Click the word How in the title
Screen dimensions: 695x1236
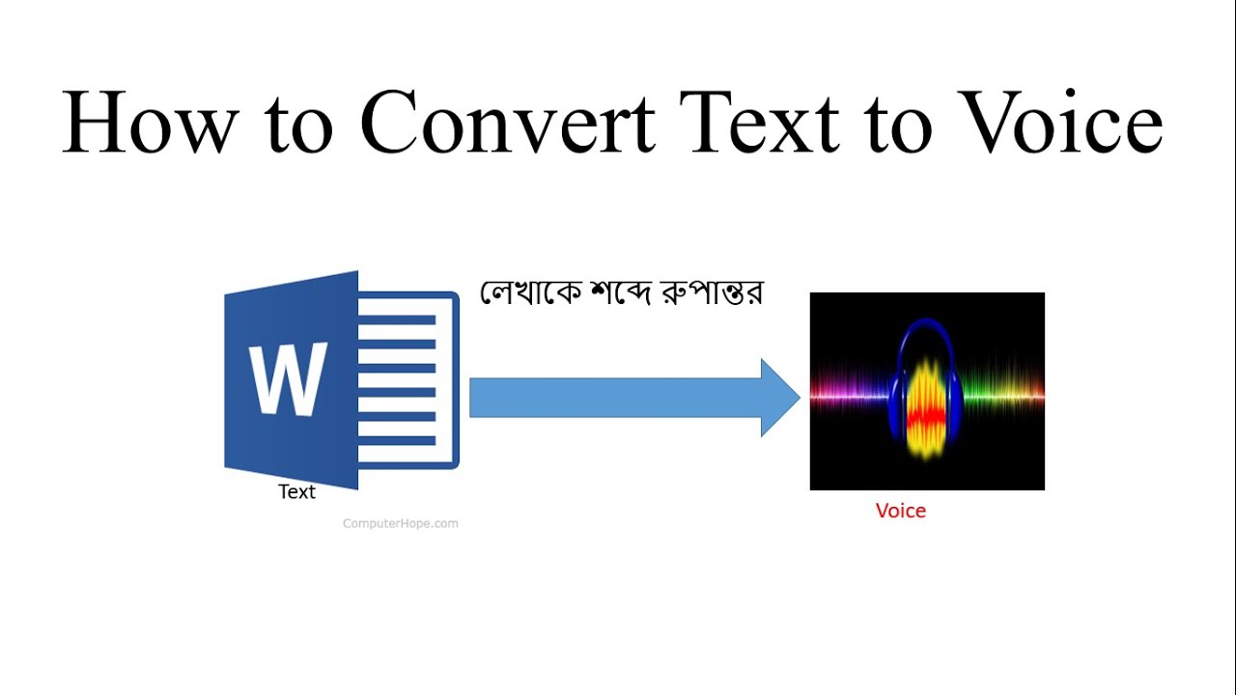click(x=150, y=122)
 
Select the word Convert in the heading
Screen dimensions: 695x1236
click(x=508, y=122)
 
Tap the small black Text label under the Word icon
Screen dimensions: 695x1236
click(x=296, y=492)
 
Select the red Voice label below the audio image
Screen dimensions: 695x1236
click(x=901, y=511)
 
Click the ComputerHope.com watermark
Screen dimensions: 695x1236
click(x=401, y=524)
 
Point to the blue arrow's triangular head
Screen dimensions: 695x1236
click(x=780, y=397)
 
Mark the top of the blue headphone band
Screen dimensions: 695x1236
click(x=927, y=321)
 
